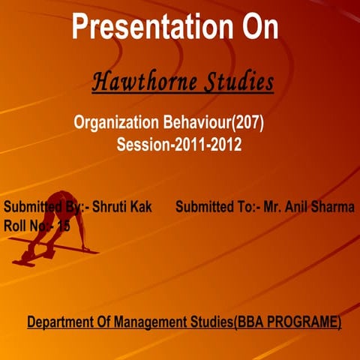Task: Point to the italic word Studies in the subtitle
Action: point(235,82)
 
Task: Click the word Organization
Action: point(116,121)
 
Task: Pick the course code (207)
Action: point(249,121)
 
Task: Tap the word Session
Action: point(143,145)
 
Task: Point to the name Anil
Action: point(298,207)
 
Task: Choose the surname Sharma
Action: point(334,207)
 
